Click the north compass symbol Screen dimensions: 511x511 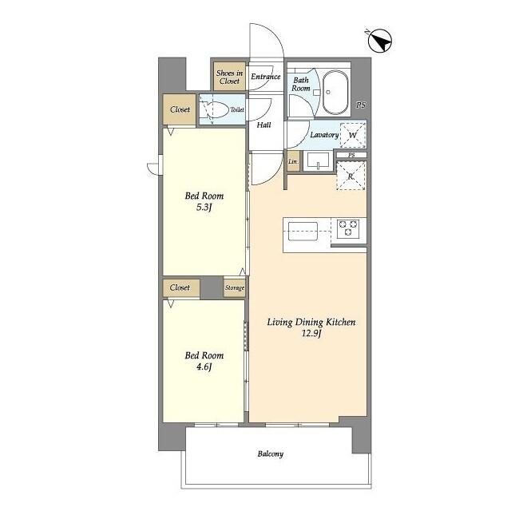(x=380, y=41)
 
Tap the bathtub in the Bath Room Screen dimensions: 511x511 (x=335, y=93)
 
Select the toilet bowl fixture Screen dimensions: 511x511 (x=215, y=110)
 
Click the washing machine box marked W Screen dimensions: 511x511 (x=353, y=135)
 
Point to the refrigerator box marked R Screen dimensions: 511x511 (x=351, y=176)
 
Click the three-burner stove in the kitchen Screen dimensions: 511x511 (x=348, y=228)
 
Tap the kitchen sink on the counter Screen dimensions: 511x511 (x=303, y=231)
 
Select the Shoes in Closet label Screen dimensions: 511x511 (x=229, y=77)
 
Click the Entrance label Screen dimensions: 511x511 (x=266, y=77)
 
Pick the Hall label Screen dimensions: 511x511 (x=263, y=125)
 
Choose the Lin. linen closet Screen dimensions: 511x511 (x=293, y=161)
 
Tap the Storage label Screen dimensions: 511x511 (x=235, y=287)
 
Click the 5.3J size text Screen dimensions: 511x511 (x=204, y=208)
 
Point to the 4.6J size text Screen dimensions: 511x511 (x=204, y=367)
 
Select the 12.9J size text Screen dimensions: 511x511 (x=311, y=334)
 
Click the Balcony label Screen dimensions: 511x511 (x=271, y=454)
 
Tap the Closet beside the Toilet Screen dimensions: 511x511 (x=180, y=109)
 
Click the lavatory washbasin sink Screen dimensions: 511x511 (x=318, y=161)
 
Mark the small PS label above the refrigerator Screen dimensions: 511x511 (x=351, y=155)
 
